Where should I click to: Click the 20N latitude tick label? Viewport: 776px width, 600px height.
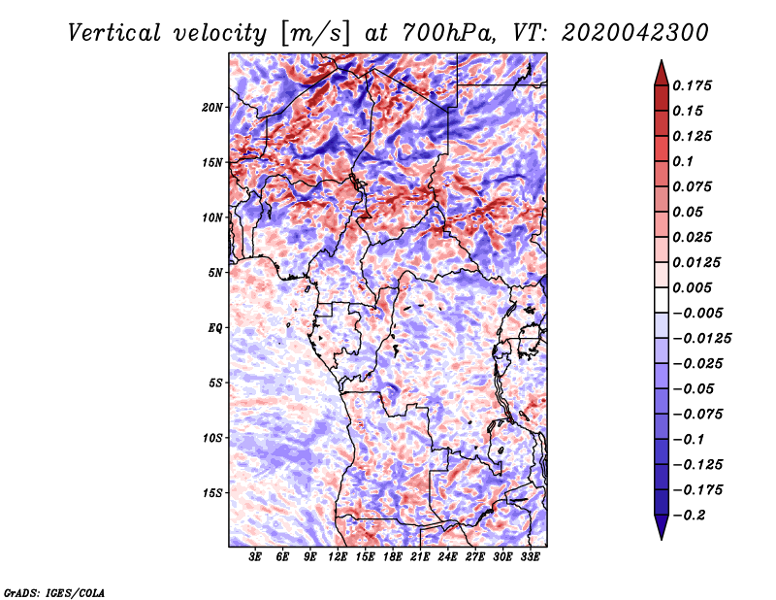click(x=211, y=108)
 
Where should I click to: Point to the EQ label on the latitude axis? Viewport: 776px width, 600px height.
click(x=214, y=328)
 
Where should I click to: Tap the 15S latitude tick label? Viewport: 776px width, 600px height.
click(x=212, y=493)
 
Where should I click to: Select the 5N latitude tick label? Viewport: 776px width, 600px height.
click(x=215, y=273)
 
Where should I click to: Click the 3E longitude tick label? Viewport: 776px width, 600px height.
click(x=255, y=556)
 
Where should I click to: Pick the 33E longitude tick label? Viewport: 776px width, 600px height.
click(x=530, y=556)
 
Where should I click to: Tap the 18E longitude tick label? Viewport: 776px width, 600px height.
click(x=393, y=556)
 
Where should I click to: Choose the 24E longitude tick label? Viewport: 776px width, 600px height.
click(x=447, y=556)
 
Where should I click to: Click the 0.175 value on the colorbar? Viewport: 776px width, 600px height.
click(x=692, y=85)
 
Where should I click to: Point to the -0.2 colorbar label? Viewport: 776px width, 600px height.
click(x=689, y=516)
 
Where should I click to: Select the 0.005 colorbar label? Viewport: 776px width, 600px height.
click(x=692, y=287)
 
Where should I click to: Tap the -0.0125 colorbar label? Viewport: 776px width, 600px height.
click(x=701, y=339)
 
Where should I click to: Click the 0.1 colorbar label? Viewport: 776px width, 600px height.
click(x=683, y=161)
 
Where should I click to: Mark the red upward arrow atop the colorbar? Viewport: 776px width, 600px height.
click(x=662, y=73)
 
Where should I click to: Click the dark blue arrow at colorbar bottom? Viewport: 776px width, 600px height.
click(x=662, y=527)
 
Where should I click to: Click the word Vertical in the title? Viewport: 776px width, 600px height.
click(x=113, y=33)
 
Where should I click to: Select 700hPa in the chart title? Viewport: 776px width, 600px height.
click(x=448, y=33)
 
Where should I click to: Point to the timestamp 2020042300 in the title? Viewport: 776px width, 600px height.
click(x=635, y=33)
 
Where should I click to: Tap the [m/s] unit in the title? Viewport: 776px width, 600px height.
click(x=315, y=34)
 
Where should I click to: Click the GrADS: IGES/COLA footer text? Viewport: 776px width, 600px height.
click(x=54, y=592)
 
